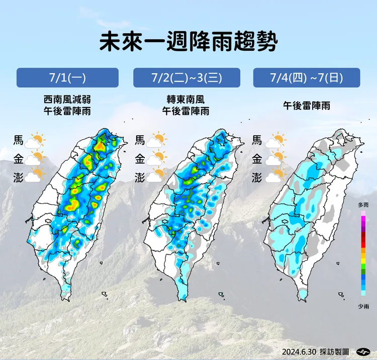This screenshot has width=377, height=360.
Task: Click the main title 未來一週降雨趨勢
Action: tap(188, 42)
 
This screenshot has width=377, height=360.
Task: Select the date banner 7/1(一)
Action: tap(67, 78)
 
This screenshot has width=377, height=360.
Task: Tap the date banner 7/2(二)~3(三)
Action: tap(186, 78)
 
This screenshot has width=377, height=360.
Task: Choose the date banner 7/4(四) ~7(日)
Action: tap(306, 78)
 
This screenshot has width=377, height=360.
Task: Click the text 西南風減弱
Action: tap(67, 99)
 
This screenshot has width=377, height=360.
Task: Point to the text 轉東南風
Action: tap(186, 99)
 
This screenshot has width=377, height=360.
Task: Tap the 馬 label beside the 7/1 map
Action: tap(19, 141)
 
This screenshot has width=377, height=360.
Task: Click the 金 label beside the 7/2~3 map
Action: tap(140, 159)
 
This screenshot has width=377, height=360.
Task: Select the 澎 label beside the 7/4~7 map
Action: tap(257, 177)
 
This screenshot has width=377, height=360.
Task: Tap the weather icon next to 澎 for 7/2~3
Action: tap(156, 176)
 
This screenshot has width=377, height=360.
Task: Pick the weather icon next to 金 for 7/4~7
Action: tap(276, 159)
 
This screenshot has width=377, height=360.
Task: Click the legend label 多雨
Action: tap(363, 205)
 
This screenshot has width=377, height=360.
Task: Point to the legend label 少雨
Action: tap(363, 306)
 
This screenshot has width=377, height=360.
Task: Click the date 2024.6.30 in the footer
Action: tap(299, 351)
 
